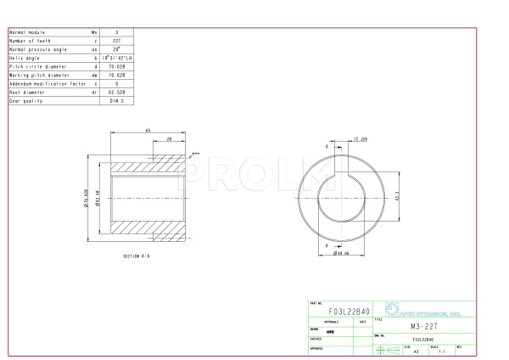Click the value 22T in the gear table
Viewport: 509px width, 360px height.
tap(116, 41)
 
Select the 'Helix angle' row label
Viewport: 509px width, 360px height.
tap(25, 58)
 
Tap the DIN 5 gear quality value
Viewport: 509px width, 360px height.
tap(116, 100)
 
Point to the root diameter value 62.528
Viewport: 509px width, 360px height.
tap(116, 92)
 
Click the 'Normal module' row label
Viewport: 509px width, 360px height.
tap(25, 32)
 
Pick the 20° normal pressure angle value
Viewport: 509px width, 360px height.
tap(116, 49)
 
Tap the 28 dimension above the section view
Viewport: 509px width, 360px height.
tap(169, 138)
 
